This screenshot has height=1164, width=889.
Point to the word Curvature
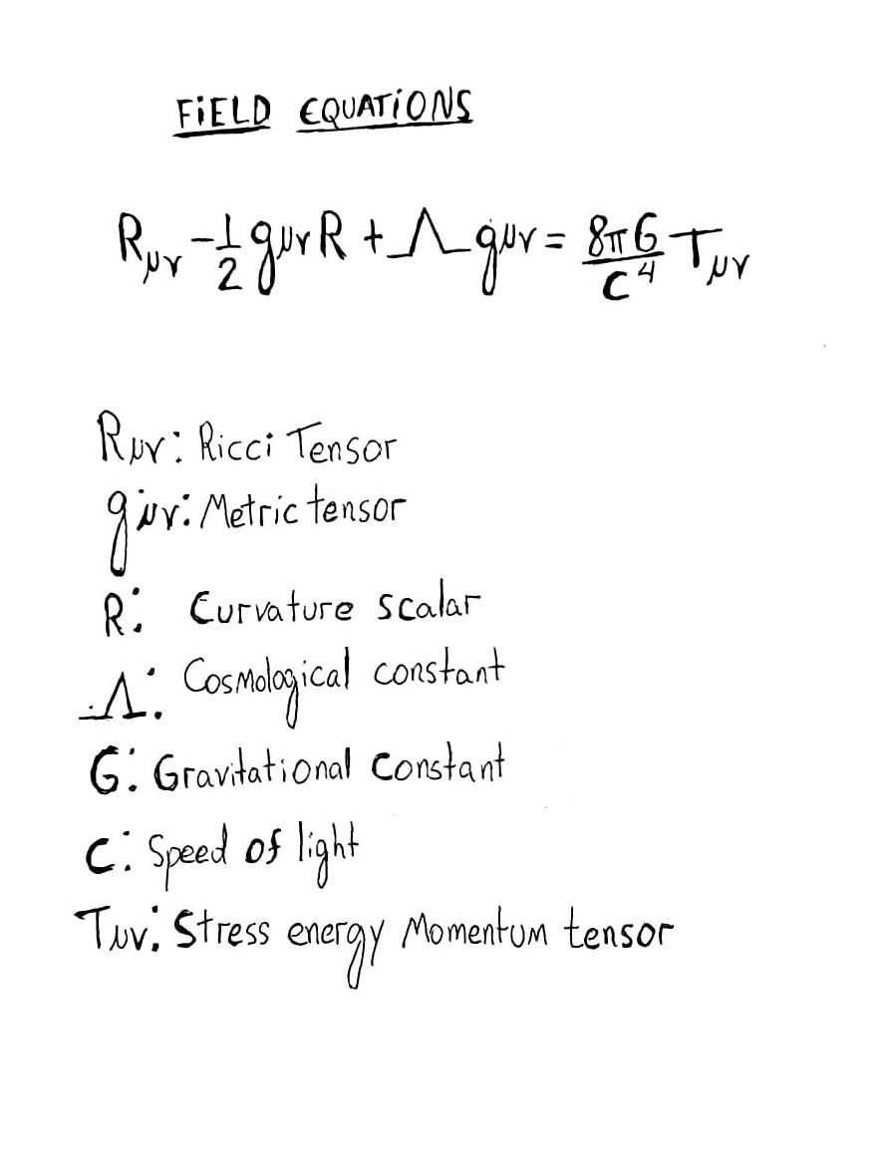point(270,608)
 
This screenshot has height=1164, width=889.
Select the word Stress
point(221,934)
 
